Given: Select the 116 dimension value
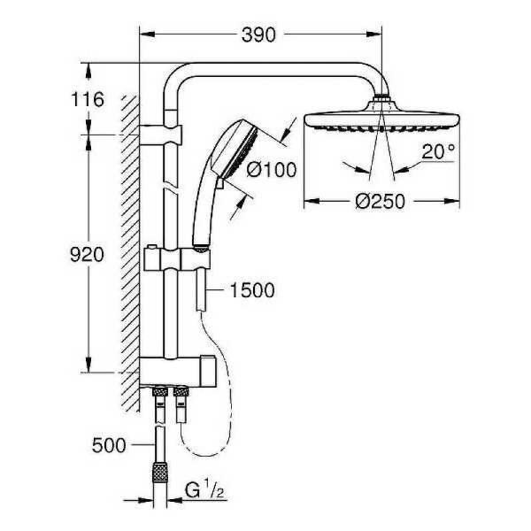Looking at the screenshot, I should pyautogui.click(x=88, y=99).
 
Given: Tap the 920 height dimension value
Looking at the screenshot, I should pyautogui.click(x=88, y=255).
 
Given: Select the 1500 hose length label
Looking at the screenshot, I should pyautogui.click(x=251, y=290).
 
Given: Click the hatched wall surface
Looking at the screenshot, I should pyautogui.click(x=131, y=248).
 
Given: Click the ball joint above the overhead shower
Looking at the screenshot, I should pyautogui.click(x=381, y=101).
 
